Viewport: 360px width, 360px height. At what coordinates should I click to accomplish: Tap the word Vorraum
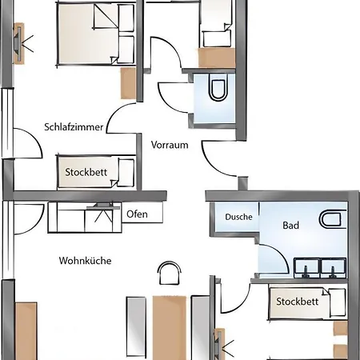[x=169, y=145]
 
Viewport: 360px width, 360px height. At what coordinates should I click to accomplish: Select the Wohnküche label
[x=85, y=260]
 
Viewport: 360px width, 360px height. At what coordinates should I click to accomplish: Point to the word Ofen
[x=137, y=214]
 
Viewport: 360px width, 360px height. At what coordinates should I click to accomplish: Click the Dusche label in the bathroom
[x=238, y=217]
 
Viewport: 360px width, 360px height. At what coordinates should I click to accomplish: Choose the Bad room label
[x=291, y=226]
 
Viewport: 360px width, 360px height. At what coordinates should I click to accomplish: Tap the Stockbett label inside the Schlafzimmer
[x=87, y=171]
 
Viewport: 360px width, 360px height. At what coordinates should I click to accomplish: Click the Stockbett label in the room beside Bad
[x=298, y=302]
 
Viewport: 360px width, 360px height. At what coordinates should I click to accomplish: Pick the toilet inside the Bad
[x=333, y=218]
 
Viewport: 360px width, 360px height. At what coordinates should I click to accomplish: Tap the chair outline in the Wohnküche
[x=170, y=274]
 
